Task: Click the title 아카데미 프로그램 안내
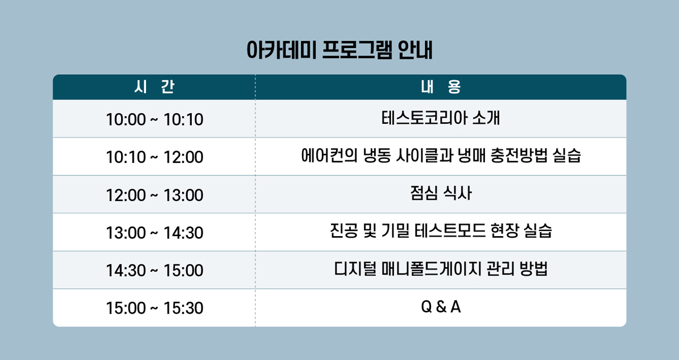(339, 50)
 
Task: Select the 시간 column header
(154, 87)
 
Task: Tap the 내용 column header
(441, 87)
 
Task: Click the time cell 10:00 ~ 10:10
(154, 119)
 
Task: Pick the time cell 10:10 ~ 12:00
(154, 157)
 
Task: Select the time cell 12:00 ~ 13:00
(154, 195)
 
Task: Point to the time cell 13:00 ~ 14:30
(154, 233)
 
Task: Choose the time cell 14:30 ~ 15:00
(154, 270)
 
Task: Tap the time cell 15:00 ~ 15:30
(154, 308)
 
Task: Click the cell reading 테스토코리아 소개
(441, 118)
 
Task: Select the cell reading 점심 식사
(441, 193)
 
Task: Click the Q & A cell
(441, 307)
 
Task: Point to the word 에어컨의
(329, 156)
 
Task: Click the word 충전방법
(519, 156)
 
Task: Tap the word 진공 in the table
(344, 231)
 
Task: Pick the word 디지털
(355, 269)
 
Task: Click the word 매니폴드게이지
(431, 269)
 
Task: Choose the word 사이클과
(424, 156)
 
